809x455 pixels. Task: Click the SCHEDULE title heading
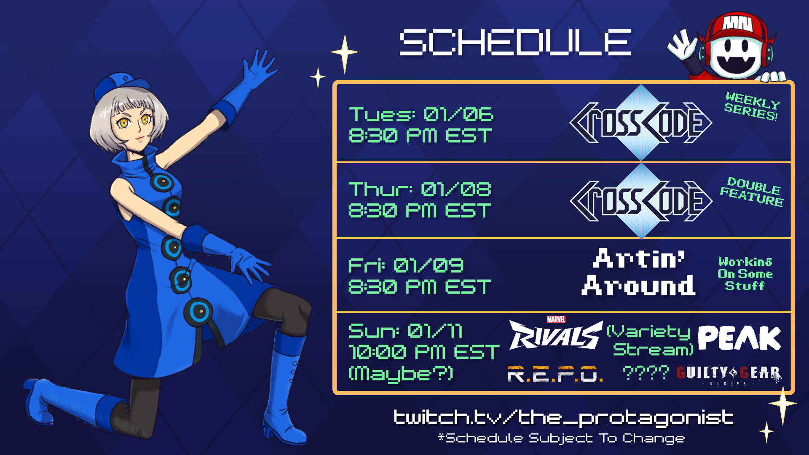515,42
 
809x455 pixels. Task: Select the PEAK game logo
739,338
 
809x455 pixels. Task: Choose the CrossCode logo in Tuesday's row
641,123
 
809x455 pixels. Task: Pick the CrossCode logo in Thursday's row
641,201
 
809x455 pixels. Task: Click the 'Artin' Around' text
639,272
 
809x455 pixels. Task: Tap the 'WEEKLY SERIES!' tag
752,106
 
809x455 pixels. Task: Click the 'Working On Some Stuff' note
745,274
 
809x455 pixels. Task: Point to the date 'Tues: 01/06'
421,114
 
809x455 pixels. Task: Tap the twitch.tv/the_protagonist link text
563,418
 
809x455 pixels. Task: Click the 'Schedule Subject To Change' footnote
561,439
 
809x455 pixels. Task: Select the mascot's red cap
739,29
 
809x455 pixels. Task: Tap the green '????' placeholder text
646,373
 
